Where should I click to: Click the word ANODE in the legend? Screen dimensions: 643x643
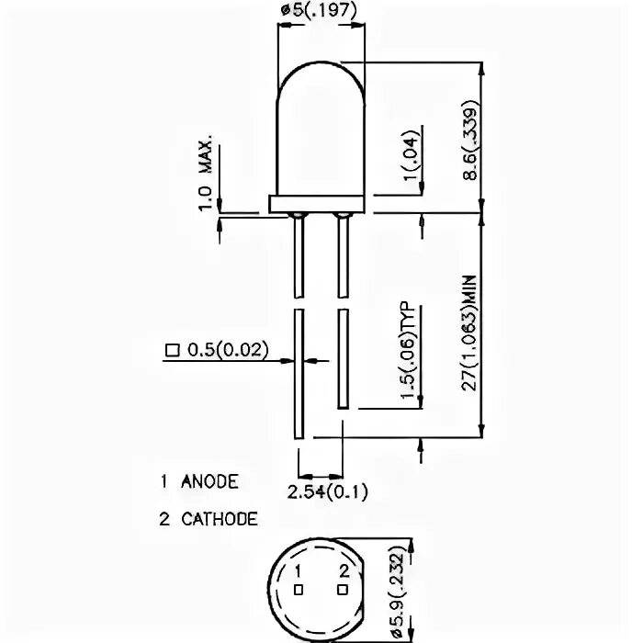(210, 481)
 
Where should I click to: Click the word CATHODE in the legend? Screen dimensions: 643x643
(220, 519)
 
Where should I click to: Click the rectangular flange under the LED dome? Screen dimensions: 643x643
(319, 204)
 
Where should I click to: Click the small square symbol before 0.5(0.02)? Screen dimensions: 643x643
(170, 350)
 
